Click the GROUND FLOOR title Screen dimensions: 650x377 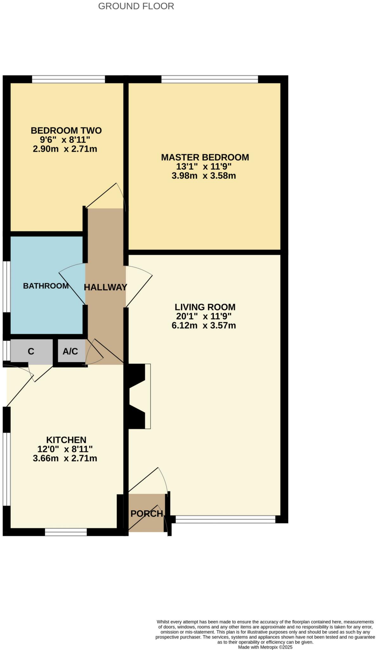pyautogui.click(x=136, y=6)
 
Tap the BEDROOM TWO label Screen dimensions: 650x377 pyautogui.click(x=66, y=130)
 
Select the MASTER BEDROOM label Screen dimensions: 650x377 pyautogui.click(x=205, y=157)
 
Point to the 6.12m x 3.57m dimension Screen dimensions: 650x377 pyautogui.click(x=204, y=325)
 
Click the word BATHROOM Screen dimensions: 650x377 pyautogui.click(x=46, y=286)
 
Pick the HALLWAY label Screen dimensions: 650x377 pyautogui.click(x=105, y=287)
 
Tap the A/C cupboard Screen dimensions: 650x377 pyautogui.click(x=70, y=351)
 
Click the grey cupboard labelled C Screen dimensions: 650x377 pyautogui.click(x=31, y=352)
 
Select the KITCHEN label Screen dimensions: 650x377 pyautogui.click(x=66, y=440)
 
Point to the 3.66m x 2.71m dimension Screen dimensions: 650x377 pyautogui.click(x=65, y=458)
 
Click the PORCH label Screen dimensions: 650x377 pyautogui.click(x=147, y=514)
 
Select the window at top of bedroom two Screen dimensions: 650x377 pyautogui.click(x=68, y=79)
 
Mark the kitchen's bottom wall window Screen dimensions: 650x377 pyautogui.click(x=66, y=532)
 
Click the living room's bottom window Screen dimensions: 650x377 pyautogui.click(x=225, y=519)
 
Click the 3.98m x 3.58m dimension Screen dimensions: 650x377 pyautogui.click(x=204, y=176)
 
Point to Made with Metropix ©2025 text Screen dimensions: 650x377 pyautogui.click(x=265, y=647)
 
